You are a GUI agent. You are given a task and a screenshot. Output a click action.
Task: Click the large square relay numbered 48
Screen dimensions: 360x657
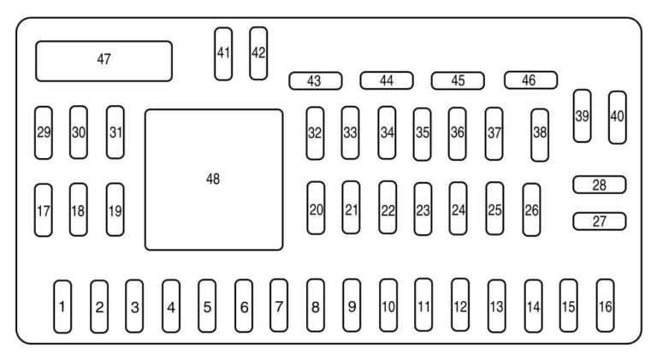[x=213, y=180]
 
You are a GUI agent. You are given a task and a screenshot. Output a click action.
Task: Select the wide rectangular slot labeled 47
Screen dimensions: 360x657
[x=104, y=60]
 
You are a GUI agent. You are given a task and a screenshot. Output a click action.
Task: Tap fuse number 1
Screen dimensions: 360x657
[x=62, y=305]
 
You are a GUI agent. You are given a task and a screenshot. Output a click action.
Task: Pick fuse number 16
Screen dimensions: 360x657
[x=605, y=304]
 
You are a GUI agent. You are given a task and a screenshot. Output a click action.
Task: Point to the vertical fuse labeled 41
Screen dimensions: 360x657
[x=223, y=53]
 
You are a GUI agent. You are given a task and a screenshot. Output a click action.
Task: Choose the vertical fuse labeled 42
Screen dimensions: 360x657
[x=258, y=53]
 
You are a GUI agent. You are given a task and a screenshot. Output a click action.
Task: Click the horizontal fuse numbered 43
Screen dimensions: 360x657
[x=315, y=81]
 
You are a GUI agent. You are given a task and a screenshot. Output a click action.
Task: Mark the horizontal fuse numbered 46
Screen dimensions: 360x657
[x=530, y=80]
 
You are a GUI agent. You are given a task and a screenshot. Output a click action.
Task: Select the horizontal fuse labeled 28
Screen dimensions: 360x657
[x=599, y=185]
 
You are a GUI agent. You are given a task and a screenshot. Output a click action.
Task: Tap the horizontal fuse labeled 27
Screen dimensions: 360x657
[x=599, y=221]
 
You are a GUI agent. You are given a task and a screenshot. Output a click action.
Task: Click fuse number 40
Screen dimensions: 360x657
[x=617, y=117]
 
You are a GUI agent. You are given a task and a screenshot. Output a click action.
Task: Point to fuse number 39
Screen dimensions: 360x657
[x=582, y=115]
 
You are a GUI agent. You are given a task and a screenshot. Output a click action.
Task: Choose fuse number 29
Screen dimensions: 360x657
[x=44, y=132]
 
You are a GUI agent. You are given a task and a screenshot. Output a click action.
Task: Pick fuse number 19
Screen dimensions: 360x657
[x=115, y=209]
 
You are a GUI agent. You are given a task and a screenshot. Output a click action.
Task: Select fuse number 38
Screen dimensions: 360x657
[x=539, y=134]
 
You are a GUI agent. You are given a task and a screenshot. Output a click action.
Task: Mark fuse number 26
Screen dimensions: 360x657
[x=531, y=209]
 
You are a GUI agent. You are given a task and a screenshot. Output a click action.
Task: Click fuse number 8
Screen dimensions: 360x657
[x=316, y=305]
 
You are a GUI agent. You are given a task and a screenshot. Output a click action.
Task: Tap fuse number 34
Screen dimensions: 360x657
[x=388, y=133]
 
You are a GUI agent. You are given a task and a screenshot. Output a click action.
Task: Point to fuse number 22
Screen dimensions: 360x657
[x=388, y=208]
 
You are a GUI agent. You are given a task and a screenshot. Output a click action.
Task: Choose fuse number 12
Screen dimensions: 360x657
[x=460, y=305]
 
